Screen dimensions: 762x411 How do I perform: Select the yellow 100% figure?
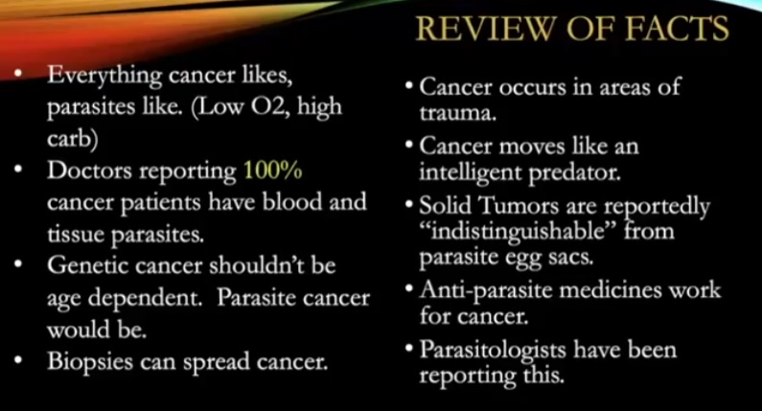[272, 171]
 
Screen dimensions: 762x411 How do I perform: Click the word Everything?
[104, 77]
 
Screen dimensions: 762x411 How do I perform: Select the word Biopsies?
[90, 362]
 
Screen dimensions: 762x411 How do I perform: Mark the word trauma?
[458, 113]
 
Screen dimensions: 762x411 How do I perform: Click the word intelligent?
[471, 173]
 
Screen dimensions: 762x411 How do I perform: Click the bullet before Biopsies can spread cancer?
[18, 361]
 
